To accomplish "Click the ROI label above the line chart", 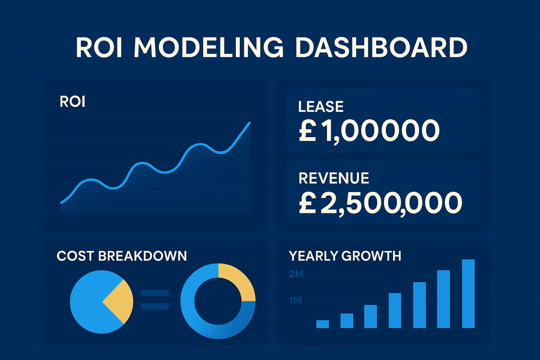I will point(72,102).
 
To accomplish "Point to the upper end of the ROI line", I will point(249,123).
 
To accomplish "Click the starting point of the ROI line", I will point(62,202).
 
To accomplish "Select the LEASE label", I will point(321,107).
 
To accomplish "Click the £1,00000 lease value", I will point(369,131).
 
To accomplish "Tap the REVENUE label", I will point(334,178).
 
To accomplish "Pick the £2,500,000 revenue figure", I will point(380,203).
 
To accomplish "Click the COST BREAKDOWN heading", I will point(122,256).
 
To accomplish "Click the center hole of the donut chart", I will point(218,301).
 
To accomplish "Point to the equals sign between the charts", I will point(155,299).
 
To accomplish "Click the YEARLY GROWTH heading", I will point(345,256).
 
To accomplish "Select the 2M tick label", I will point(296,274).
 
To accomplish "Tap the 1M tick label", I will point(295,301).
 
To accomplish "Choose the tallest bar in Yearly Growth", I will point(468,294).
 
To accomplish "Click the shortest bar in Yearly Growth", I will point(322,324).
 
